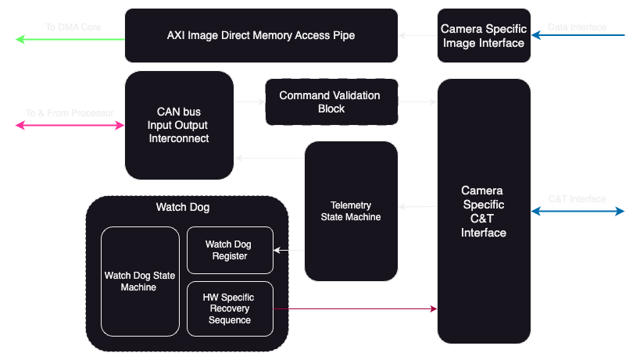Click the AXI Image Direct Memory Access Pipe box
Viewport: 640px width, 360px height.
pyautogui.click(x=261, y=35)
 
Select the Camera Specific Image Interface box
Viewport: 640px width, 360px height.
pyautogui.click(x=484, y=35)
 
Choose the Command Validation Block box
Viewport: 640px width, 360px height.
pyautogui.click(x=331, y=102)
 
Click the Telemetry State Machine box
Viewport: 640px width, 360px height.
pyautogui.click(x=351, y=211)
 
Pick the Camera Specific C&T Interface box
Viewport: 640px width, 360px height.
pyautogui.click(x=484, y=211)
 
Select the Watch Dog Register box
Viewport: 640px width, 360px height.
pyautogui.click(x=230, y=250)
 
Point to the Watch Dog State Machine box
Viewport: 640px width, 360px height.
pyautogui.click(x=140, y=281)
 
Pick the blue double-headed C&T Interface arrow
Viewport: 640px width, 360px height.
pyautogui.click(x=578, y=211)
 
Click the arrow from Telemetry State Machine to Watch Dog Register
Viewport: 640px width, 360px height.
pyautogui.click(x=288, y=250)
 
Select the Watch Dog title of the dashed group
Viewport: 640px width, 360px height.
pyautogui.click(x=183, y=208)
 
